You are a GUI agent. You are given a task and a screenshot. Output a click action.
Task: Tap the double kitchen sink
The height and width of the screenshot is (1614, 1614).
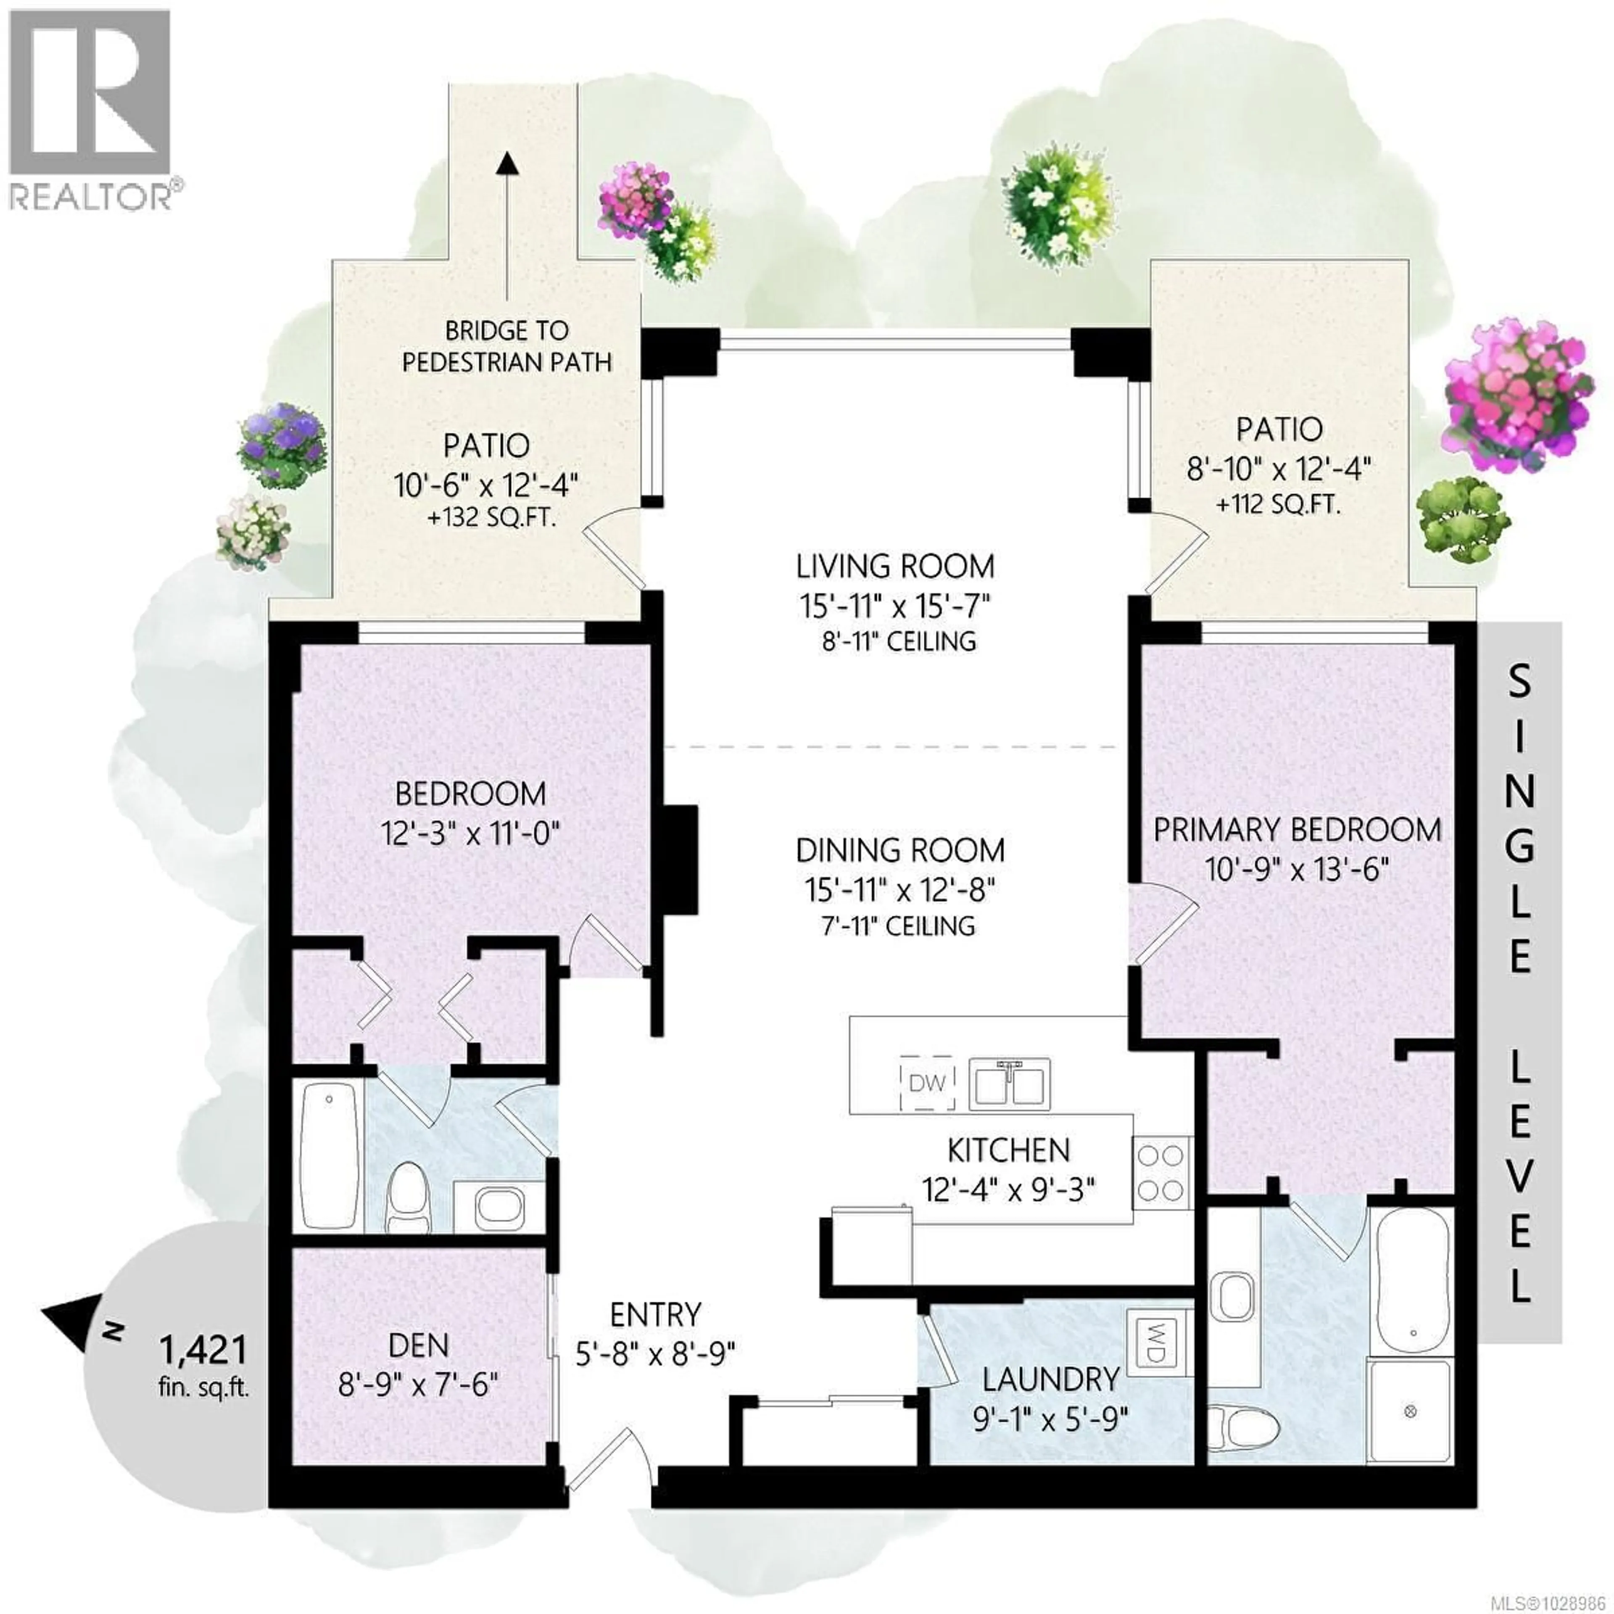point(1010,1084)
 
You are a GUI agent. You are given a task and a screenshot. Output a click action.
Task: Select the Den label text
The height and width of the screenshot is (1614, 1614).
point(419,1345)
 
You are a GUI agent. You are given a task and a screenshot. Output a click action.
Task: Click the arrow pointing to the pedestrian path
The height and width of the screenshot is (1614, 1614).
point(504,226)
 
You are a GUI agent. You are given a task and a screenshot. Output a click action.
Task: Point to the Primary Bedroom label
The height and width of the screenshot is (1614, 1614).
point(1298,830)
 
